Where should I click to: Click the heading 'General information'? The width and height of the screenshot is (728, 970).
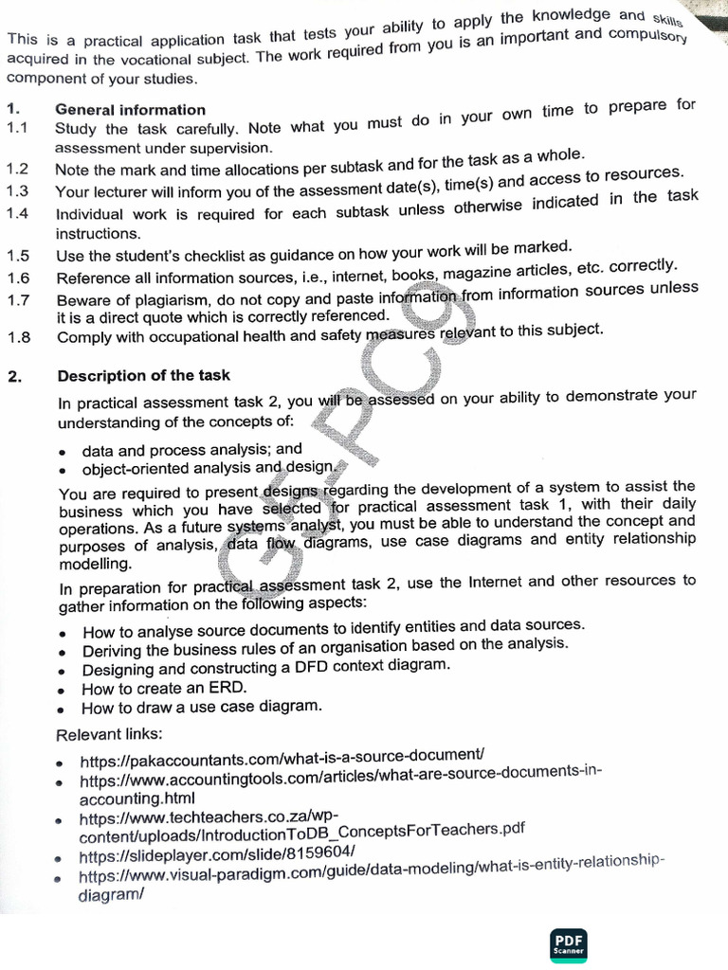click(130, 110)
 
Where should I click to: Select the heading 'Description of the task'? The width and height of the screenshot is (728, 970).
click(143, 376)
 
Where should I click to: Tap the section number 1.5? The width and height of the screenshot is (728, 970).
click(18, 256)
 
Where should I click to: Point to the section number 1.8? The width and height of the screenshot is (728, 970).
click(18, 336)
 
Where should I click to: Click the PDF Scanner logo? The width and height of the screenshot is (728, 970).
click(569, 943)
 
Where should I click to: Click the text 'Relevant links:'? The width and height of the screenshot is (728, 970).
click(109, 734)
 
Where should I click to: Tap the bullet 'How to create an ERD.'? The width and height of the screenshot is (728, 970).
click(164, 689)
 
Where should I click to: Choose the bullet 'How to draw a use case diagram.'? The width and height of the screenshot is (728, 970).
click(201, 708)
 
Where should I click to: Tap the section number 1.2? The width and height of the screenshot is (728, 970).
click(18, 170)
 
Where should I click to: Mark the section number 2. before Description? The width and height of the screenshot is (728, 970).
click(14, 377)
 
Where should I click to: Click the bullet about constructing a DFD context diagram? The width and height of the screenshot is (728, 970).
click(265, 667)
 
